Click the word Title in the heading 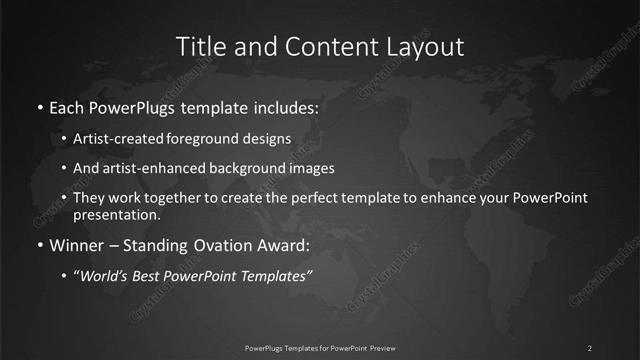click(200, 46)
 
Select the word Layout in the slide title click(427, 46)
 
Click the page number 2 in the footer click(590, 347)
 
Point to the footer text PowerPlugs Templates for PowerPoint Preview click(319, 347)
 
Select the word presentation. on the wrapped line click(116, 214)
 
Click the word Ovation click(218, 245)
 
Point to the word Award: click(281, 245)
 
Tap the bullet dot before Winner click(39, 245)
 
